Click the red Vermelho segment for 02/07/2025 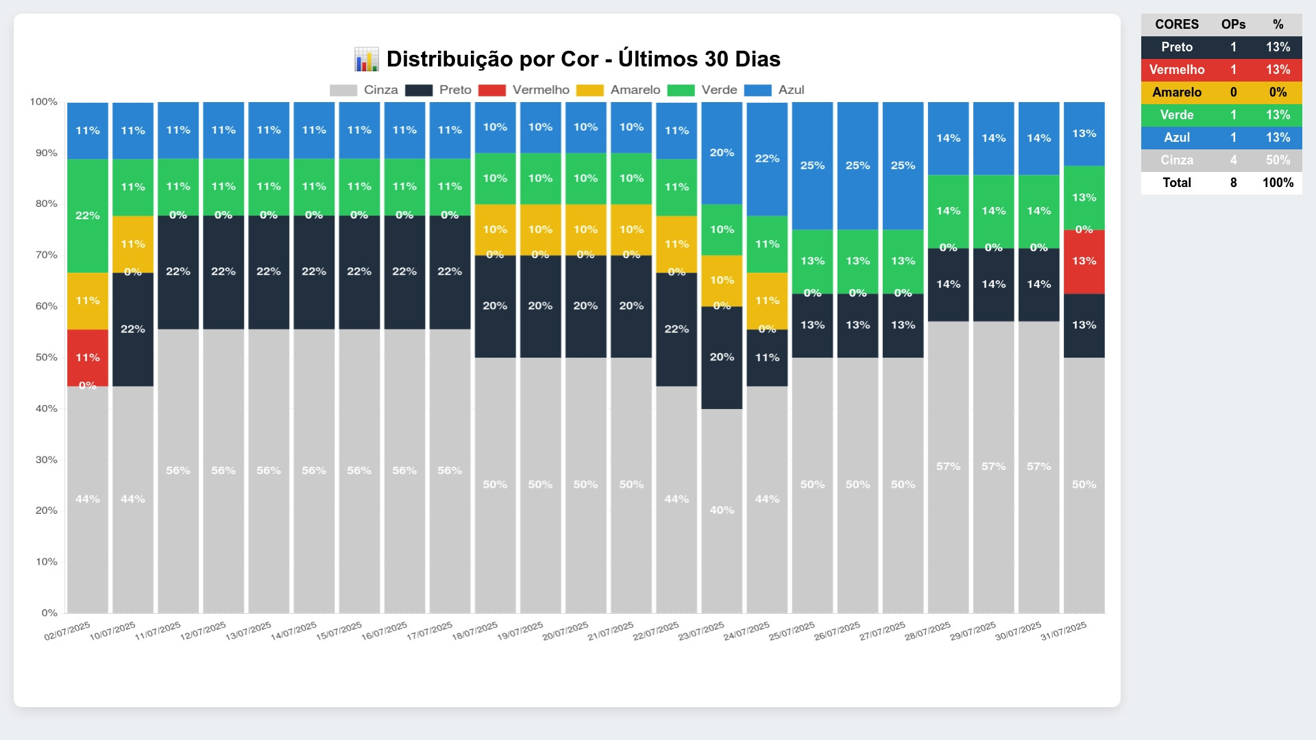point(88,358)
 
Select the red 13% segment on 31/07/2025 point(1084,262)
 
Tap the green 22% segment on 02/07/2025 point(88,216)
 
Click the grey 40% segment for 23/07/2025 point(722,510)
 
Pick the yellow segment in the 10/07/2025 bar point(133,244)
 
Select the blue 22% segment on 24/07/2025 point(767,159)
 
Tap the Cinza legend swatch point(343,90)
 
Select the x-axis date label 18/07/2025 point(475,631)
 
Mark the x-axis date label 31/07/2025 point(1064,631)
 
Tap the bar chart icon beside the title point(366,60)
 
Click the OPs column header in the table point(1233,25)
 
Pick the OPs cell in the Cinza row point(1233,160)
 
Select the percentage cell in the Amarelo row point(1278,92)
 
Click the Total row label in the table point(1177,183)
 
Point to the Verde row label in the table point(1177,115)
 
